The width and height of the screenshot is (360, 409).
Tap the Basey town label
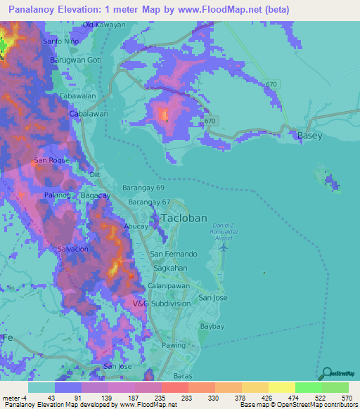click(x=310, y=135)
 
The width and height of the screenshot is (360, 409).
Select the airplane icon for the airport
click(x=224, y=247)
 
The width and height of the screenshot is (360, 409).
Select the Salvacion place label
click(x=72, y=249)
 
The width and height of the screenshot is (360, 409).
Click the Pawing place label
click(x=174, y=345)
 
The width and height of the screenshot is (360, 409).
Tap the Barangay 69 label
click(x=143, y=188)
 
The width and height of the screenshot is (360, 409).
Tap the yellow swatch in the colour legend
click(x=281, y=387)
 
